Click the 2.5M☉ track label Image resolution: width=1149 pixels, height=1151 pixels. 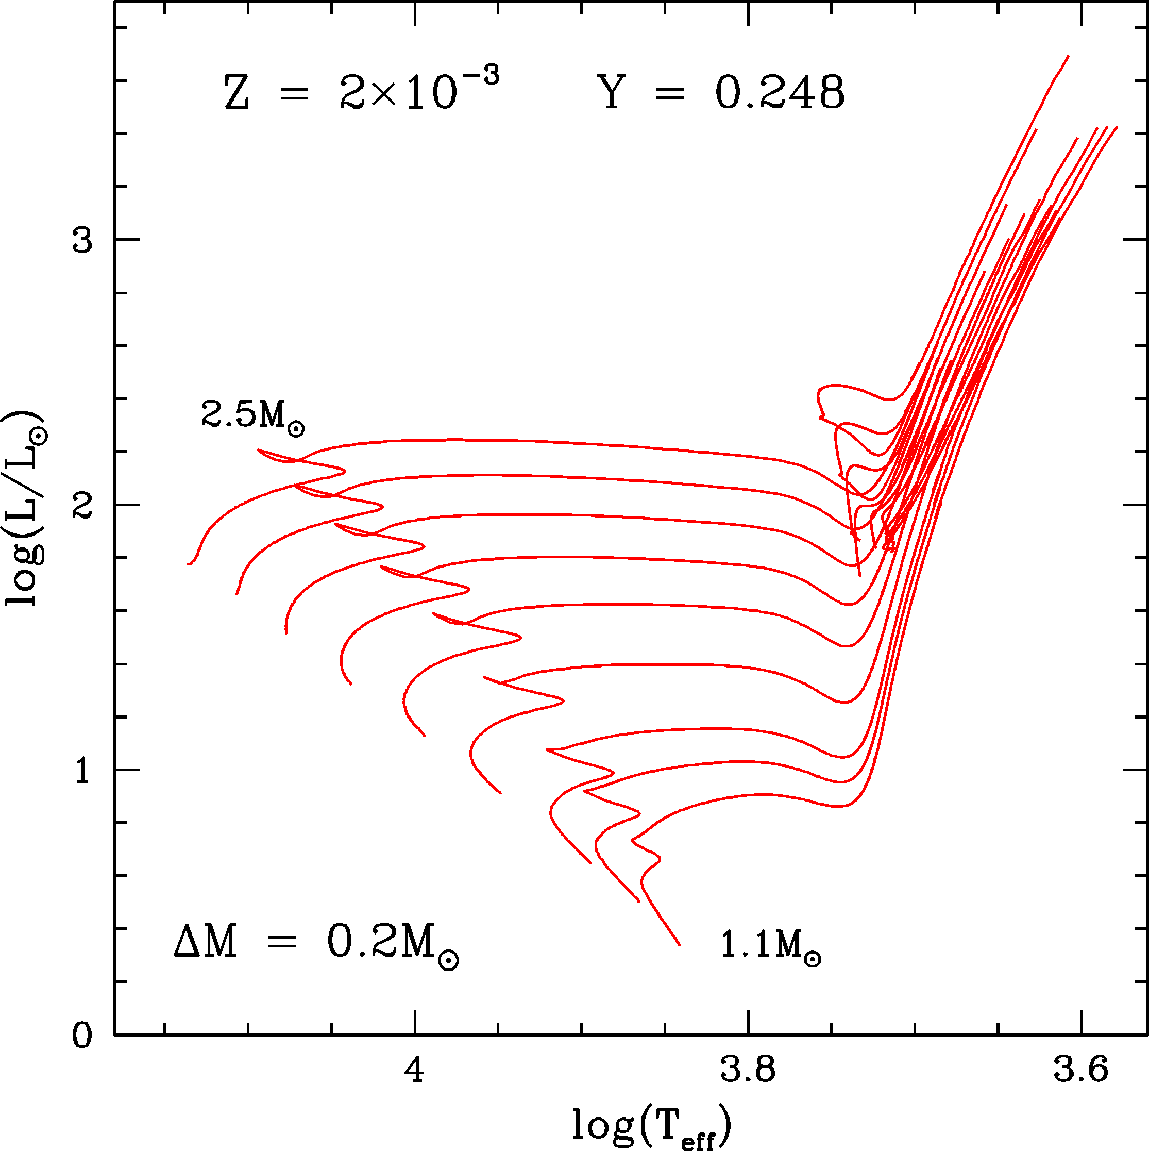[x=252, y=415]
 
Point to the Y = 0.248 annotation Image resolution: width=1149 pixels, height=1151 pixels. [x=721, y=92]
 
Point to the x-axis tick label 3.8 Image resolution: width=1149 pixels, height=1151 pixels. [x=748, y=1070]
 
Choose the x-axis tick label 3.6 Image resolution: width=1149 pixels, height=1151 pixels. [x=1081, y=1070]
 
